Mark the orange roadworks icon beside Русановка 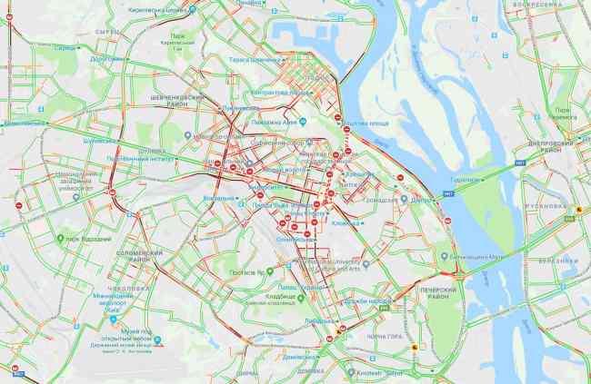pos(578,209)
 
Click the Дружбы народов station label pos(368,301)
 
